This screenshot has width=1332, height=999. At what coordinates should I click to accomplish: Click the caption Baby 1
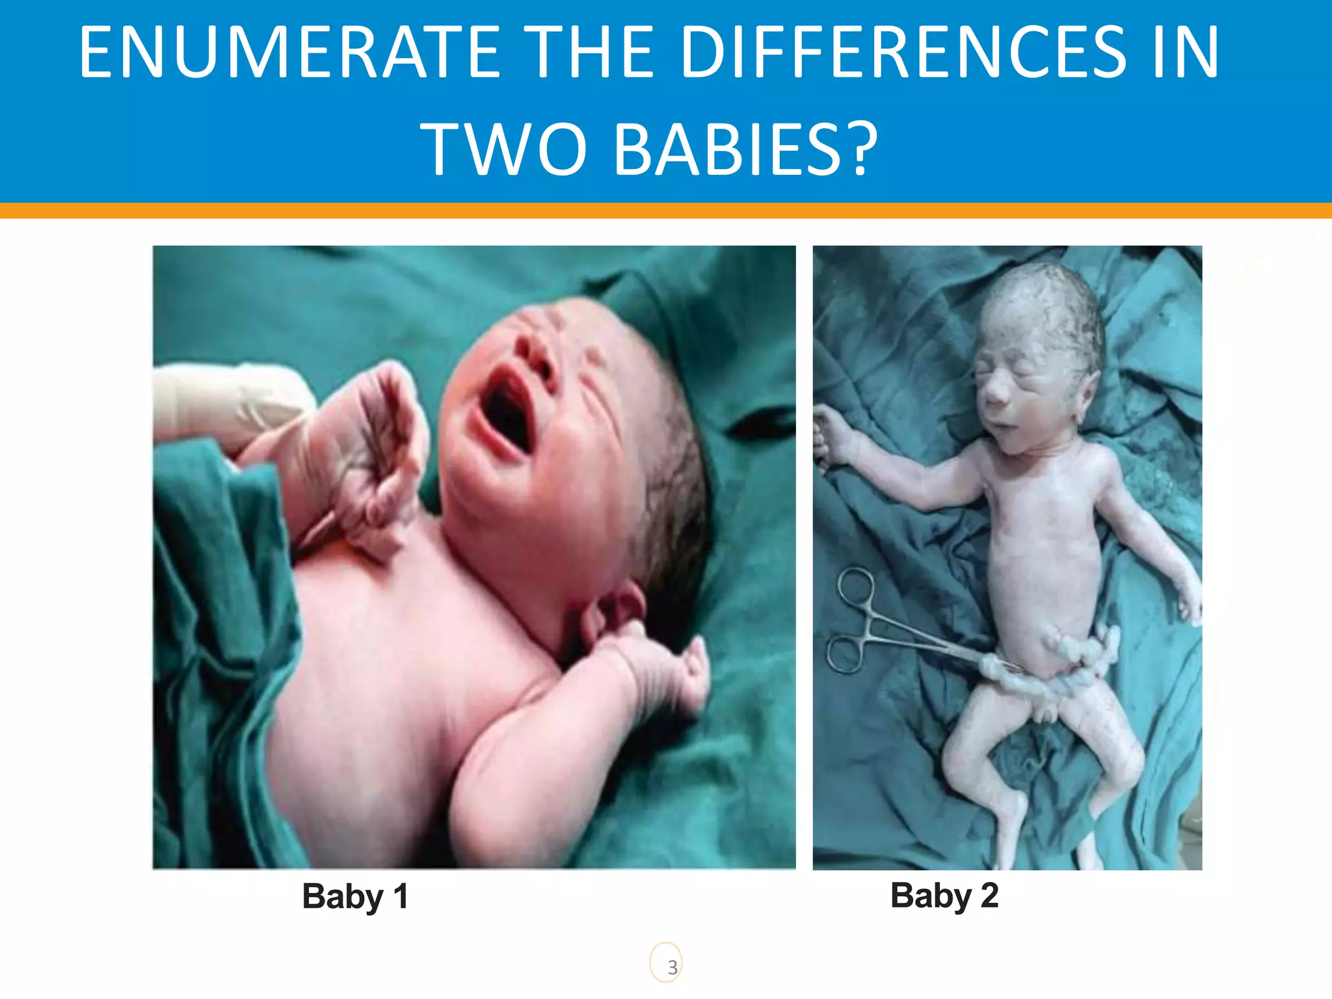point(355,896)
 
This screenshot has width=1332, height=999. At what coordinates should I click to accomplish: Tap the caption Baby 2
point(944,896)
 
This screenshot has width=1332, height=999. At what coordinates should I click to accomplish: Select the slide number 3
point(673,967)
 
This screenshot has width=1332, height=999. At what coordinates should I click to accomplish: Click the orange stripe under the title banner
point(666,210)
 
